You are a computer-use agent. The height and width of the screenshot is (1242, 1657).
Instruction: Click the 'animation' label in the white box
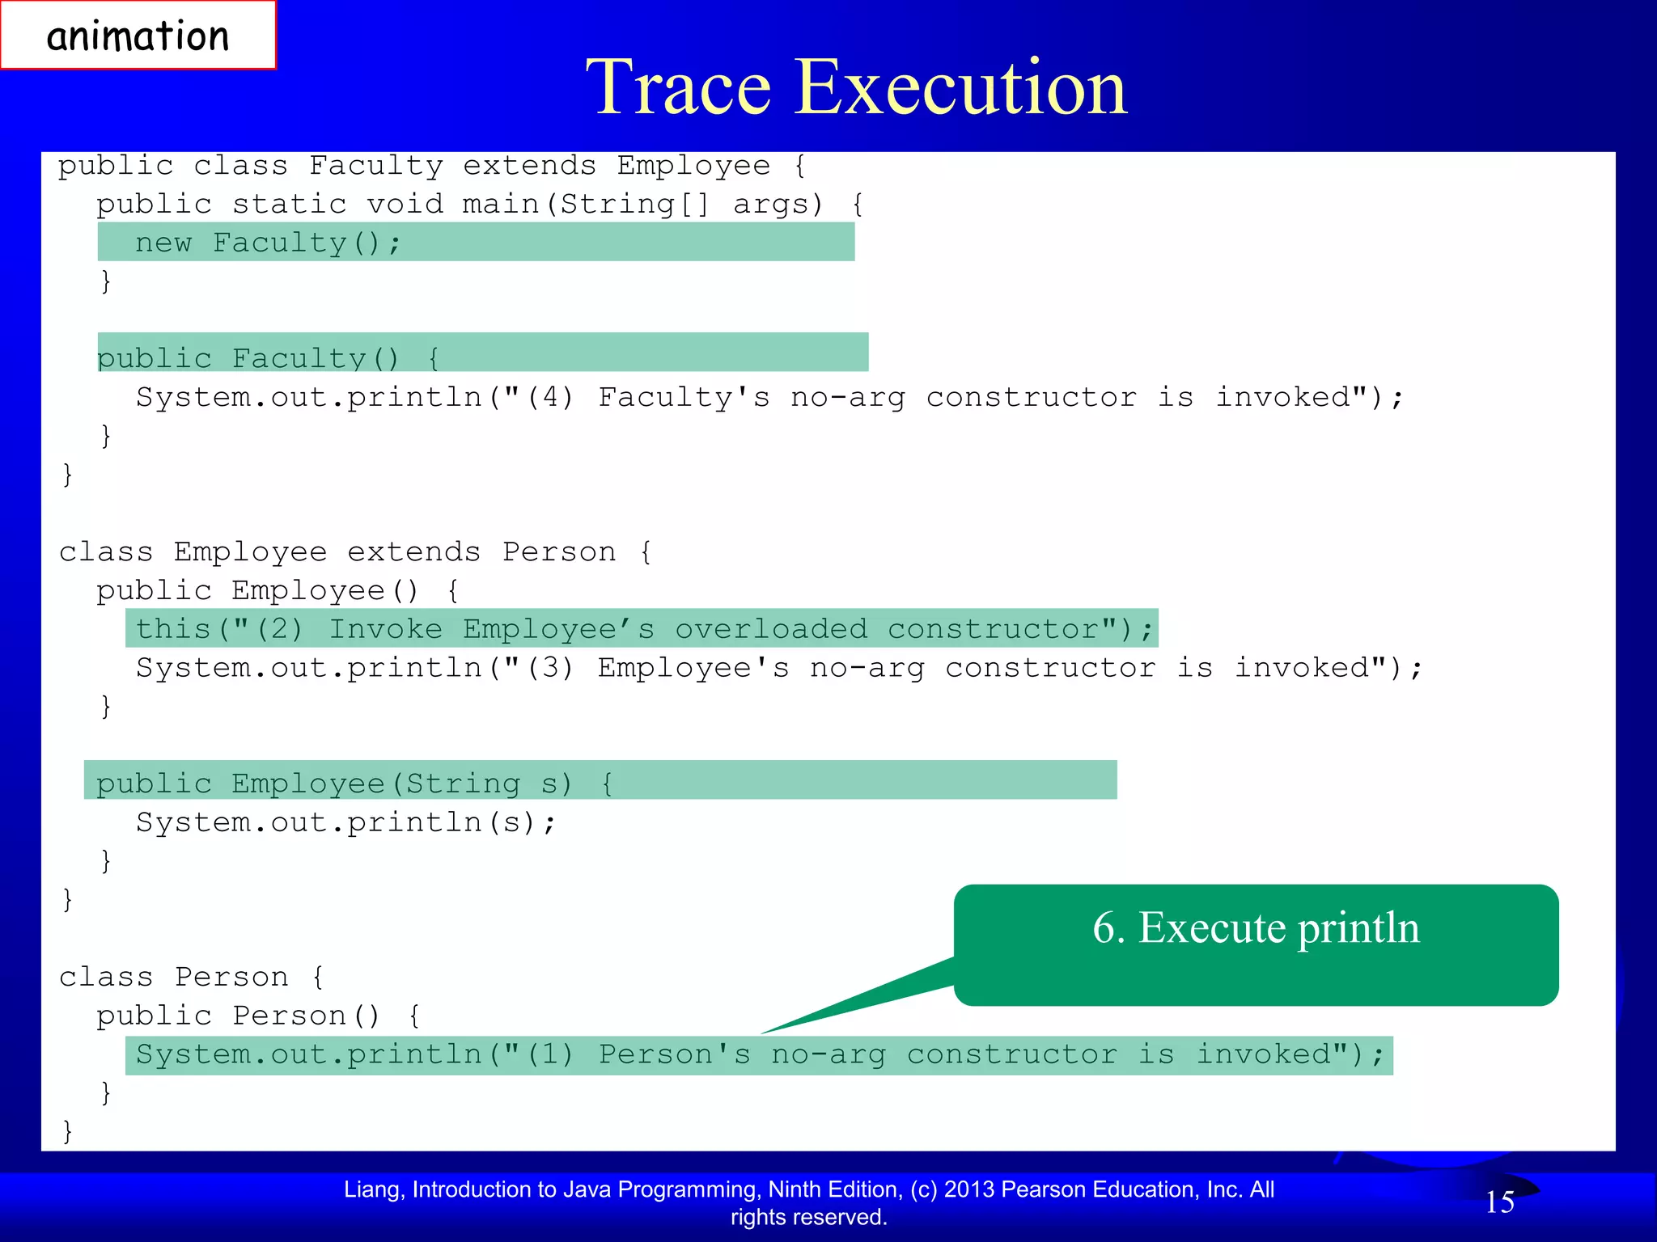pos(138,36)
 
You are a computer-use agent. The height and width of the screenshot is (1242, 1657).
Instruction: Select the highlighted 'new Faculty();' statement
pos(268,243)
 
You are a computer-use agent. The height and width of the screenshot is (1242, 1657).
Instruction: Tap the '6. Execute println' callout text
pos(1256,927)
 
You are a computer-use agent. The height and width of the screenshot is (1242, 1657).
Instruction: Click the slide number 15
pos(1499,1202)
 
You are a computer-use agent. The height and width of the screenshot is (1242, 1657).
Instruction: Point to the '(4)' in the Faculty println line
pos(550,398)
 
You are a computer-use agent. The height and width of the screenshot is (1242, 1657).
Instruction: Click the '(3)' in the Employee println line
pos(550,669)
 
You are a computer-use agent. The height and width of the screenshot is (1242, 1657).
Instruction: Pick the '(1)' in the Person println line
pos(550,1055)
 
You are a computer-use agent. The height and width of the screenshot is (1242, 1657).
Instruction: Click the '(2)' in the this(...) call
pos(280,629)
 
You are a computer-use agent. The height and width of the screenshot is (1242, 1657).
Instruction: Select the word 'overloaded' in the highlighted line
pos(771,629)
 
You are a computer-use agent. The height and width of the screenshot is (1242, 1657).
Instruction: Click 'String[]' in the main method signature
pos(635,204)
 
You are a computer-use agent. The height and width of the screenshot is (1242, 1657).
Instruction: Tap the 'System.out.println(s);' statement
pos(346,823)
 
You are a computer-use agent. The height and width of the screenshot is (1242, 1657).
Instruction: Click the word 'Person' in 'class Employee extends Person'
pos(559,552)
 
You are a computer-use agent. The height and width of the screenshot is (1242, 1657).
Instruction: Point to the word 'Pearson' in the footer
pos(1044,1189)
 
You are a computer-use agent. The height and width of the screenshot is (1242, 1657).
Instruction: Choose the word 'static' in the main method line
pos(290,204)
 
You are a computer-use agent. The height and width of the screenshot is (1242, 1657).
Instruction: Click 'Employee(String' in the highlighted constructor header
pos(375,784)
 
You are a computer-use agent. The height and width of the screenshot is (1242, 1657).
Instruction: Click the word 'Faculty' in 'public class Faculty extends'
pos(376,166)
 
